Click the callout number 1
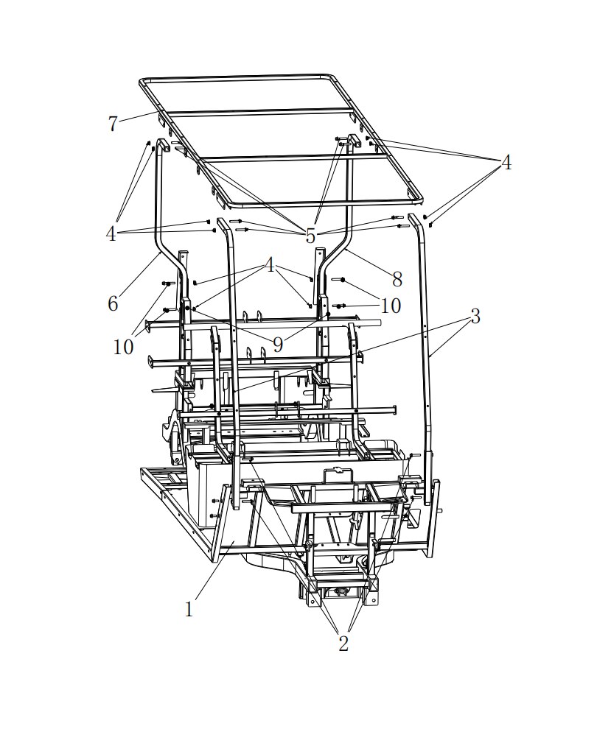[x=189, y=609]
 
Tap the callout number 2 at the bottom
[x=343, y=644]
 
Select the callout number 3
[x=475, y=316]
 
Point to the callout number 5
[x=310, y=236]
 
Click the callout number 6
[x=113, y=303]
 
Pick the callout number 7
[x=112, y=124]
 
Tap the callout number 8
[x=397, y=279]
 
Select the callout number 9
[x=277, y=345]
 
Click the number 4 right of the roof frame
[x=506, y=163]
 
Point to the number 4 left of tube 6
[x=111, y=234]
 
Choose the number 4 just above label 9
[x=270, y=265]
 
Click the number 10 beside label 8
[x=391, y=306]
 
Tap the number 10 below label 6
[x=123, y=347]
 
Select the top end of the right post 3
[x=412, y=216]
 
